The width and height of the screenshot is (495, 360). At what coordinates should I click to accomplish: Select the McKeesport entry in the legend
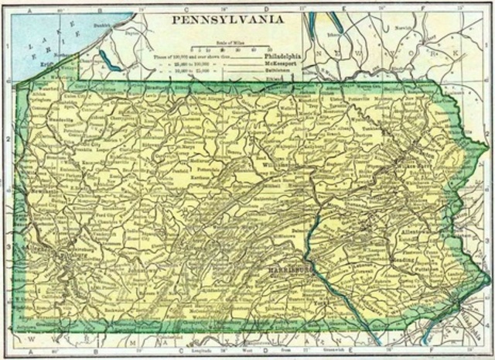pos(283,64)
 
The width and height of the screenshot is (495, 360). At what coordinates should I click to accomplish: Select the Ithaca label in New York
pos(333,34)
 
